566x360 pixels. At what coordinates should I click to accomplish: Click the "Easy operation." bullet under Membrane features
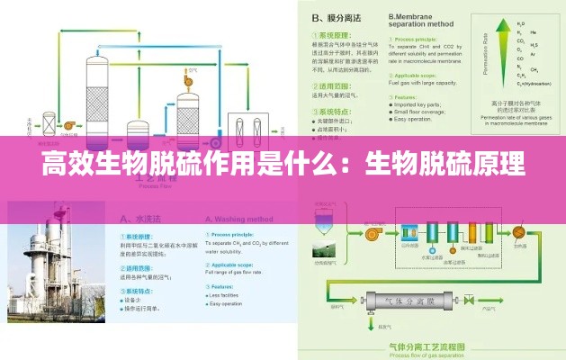coord(414,118)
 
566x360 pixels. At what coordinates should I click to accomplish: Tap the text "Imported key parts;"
coord(419,103)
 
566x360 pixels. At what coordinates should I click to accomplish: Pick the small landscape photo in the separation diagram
coord(323,248)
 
